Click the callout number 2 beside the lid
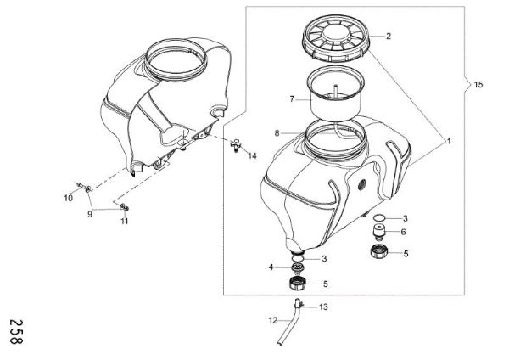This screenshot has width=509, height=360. coord(388,37)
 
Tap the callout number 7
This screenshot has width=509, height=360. coord(291,98)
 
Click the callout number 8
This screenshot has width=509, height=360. coord(277,133)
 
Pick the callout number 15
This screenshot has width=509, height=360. coord(478,85)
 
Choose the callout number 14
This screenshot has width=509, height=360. coord(252,156)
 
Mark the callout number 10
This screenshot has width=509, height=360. coord(70,198)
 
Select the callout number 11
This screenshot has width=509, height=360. coord(125,222)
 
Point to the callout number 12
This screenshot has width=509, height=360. coord(273,320)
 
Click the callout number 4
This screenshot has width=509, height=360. coord(271,267)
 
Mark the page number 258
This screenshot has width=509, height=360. coord(14,330)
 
